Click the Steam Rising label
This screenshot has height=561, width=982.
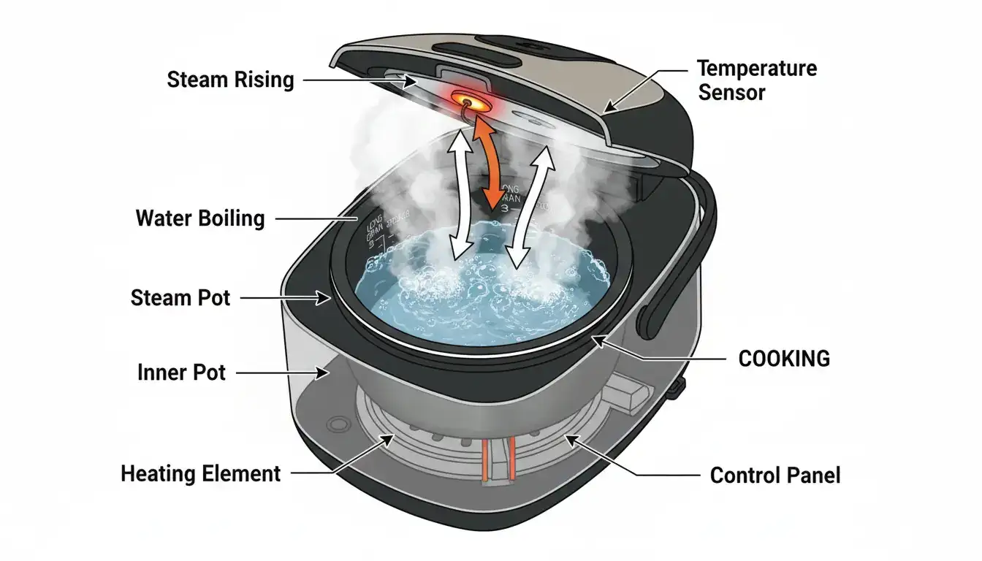(230, 79)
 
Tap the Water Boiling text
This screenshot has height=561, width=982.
(200, 218)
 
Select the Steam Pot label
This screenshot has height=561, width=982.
(180, 297)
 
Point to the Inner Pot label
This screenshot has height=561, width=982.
(181, 373)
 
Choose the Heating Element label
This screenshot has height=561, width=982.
(200, 473)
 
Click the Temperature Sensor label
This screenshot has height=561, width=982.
(757, 80)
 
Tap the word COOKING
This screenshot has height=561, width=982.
(784, 358)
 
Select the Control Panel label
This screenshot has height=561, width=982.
(775, 476)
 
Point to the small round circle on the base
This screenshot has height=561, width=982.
(338, 424)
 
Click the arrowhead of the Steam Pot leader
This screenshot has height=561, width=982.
(326, 297)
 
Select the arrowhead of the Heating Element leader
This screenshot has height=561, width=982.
(388, 438)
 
